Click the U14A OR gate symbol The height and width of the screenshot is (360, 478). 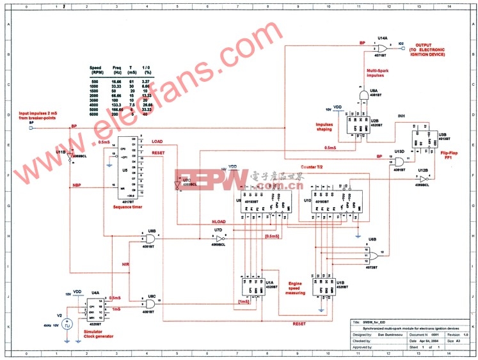[x=382, y=49]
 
